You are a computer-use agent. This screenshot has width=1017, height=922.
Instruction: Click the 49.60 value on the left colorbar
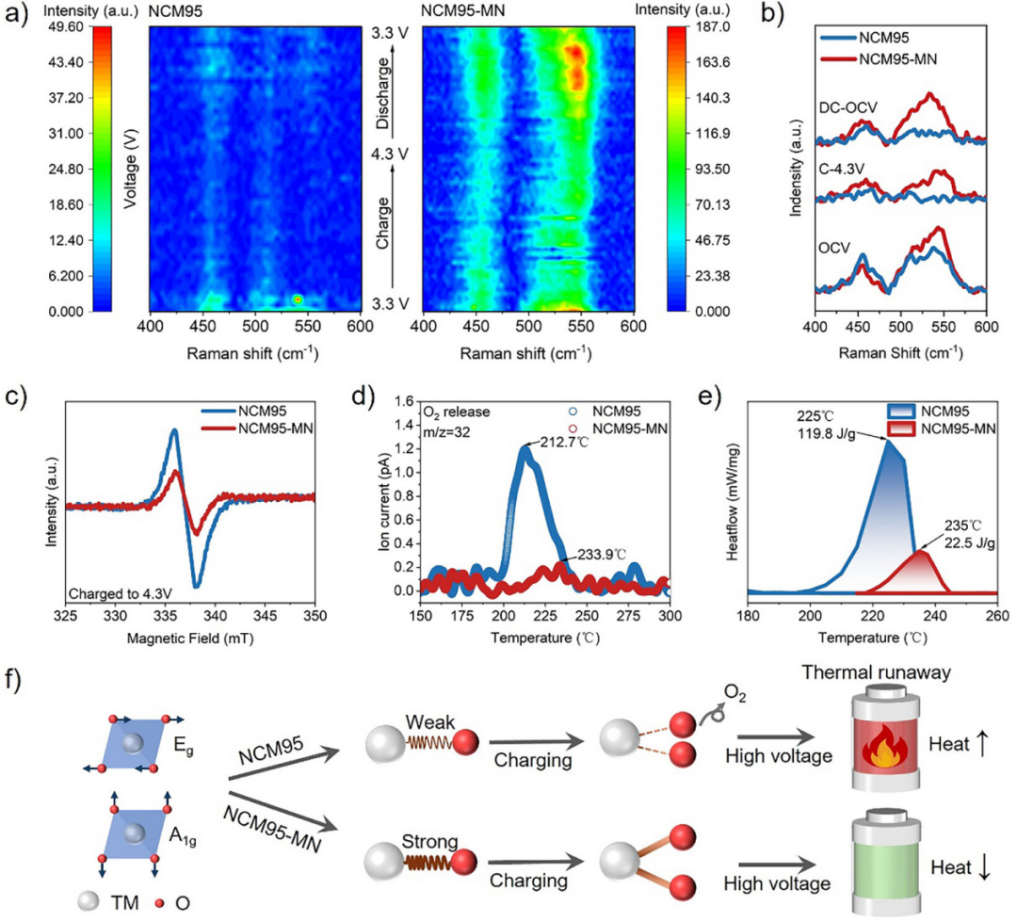(66, 26)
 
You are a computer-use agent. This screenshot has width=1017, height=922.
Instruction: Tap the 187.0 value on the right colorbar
(712, 26)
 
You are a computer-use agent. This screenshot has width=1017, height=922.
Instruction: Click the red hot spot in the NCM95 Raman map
(298, 299)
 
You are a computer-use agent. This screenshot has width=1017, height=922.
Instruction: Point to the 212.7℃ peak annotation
(564, 444)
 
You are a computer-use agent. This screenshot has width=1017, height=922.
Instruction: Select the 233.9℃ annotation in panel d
(602, 555)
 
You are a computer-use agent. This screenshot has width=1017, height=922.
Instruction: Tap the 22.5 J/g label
(970, 542)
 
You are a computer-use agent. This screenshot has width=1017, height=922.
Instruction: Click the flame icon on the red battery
(885, 747)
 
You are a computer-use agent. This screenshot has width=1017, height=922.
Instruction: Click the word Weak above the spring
(429, 722)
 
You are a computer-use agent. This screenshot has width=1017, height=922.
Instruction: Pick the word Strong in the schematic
(429, 842)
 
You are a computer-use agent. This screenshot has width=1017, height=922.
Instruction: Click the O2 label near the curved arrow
(734, 693)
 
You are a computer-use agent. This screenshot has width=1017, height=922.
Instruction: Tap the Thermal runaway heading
(877, 672)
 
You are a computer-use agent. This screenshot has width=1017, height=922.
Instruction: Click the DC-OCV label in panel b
(847, 107)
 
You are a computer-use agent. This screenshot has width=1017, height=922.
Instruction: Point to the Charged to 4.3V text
(121, 593)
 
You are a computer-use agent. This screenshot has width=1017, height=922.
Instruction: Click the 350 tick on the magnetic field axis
(315, 616)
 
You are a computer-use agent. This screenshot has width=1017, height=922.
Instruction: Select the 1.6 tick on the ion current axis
(405, 401)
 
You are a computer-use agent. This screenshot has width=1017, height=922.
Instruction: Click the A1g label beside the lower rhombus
(183, 836)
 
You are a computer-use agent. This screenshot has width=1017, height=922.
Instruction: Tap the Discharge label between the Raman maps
(383, 93)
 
